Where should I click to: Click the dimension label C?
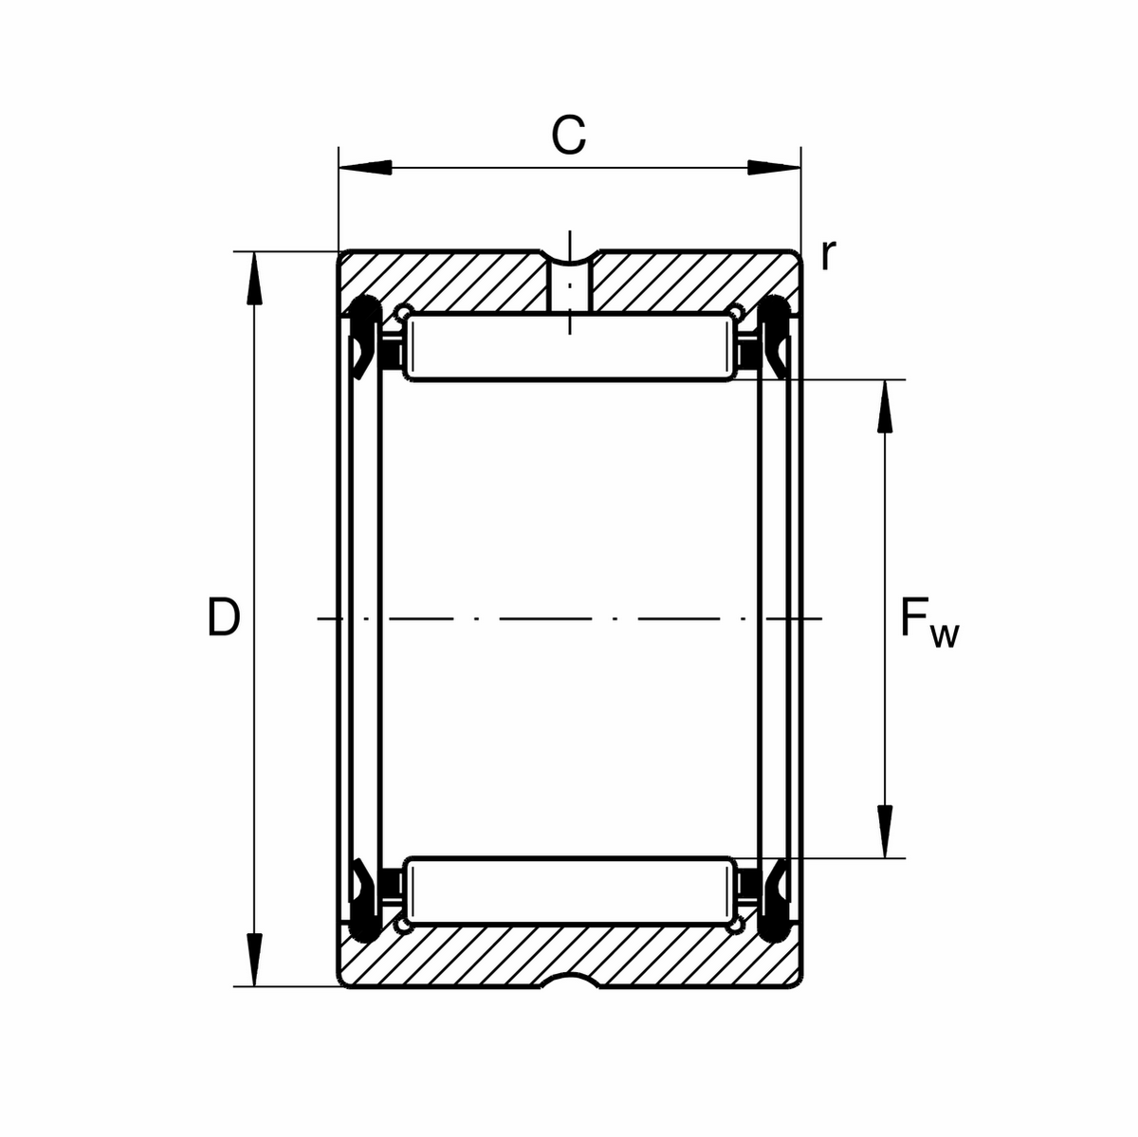(x=569, y=137)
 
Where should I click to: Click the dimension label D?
(x=223, y=618)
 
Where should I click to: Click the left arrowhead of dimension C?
(x=365, y=169)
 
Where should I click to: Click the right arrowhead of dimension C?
(x=773, y=169)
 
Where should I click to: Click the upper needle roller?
(x=569, y=348)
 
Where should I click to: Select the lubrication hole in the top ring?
(x=570, y=284)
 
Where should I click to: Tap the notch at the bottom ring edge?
(x=570, y=980)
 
